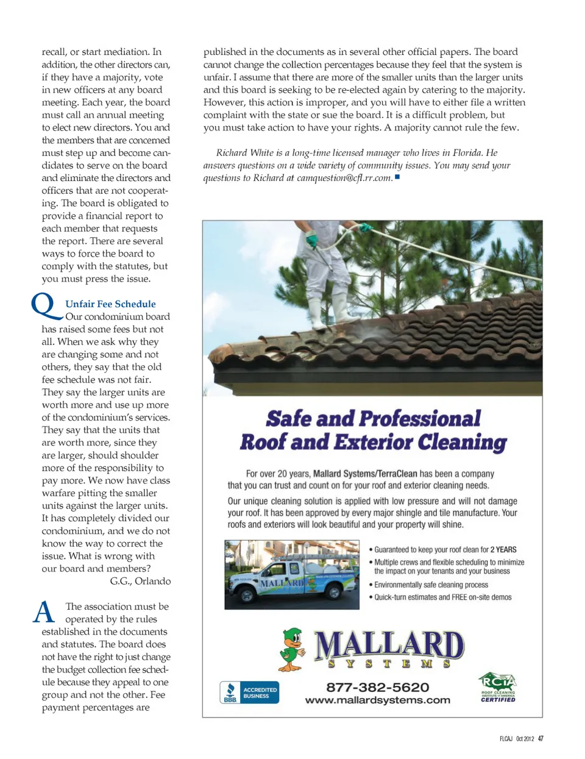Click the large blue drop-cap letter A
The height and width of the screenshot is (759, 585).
pyautogui.click(x=44, y=612)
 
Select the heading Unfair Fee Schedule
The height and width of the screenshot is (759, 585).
pyautogui.click(x=110, y=304)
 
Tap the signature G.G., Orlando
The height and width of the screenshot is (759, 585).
pyautogui.click(x=140, y=581)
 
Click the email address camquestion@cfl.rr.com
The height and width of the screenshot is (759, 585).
pyautogui.click(x=344, y=178)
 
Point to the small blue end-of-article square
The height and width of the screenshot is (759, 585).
pyautogui.click(x=397, y=177)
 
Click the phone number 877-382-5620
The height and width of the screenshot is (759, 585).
pyautogui.click(x=377, y=687)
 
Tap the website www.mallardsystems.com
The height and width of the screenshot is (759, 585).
pyautogui.click(x=377, y=700)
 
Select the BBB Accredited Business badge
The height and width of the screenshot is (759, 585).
pyautogui.click(x=249, y=693)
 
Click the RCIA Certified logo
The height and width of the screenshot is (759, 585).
pyautogui.click(x=498, y=687)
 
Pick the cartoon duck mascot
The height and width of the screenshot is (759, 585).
pyautogui.click(x=293, y=650)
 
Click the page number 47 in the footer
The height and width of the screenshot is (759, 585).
pyautogui.click(x=541, y=738)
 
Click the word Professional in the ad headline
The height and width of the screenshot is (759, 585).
pyautogui.click(x=420, y=419)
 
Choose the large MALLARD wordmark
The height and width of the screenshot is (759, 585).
pyautogui.click(x=389, y=646)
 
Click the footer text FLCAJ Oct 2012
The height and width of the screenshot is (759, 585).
pyautogui.click(x=516, y=738)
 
